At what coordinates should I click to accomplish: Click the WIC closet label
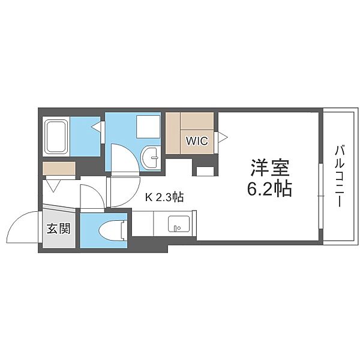click(x=197, y=141)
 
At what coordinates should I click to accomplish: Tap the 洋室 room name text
click(x=270, y=168)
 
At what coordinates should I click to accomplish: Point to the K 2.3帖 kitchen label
click(x=164, y=197)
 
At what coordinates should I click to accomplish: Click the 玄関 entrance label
click(x=59, y=229)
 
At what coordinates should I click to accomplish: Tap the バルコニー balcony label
click(x=340, y=176)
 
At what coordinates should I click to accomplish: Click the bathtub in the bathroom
click(x=56, y=137)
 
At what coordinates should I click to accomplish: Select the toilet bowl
click(x=113, y=231)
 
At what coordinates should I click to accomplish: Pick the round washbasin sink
click(x=151, y=157)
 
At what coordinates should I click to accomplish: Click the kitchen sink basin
click(x=179, y=224)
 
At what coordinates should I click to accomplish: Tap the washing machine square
click(x=148, y=127)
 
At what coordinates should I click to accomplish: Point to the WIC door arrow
click(x=223, y=137)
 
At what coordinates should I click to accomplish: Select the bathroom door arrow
click(x=97, y=127)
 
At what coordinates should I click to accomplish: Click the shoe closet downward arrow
click(x=53, y=185)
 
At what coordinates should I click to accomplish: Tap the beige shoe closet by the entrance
click(x=59, y=169)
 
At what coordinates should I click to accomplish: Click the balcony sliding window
click(x=321, y=196)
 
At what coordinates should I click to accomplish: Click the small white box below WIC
click(x=205, y=172)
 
